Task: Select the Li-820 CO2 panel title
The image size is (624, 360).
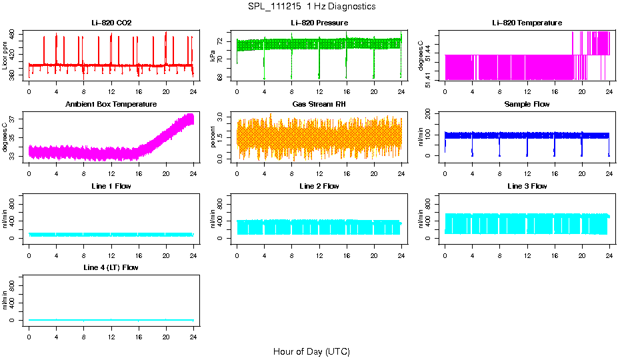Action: click(x=111, y=23)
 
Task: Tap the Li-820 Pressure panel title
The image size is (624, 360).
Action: click(x=319, y=23)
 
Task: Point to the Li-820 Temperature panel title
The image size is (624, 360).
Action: click(x=527, y=23)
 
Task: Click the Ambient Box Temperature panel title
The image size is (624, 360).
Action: click(x=111, y=105)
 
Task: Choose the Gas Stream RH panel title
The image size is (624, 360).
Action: click(x=319, y=105)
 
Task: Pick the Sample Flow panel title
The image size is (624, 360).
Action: click(x=527, y=105)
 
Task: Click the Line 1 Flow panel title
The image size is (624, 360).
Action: click(x=111, y=186)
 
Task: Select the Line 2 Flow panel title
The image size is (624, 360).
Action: click(x=319, y=186)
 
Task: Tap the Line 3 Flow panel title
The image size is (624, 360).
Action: click(x=527, y=186)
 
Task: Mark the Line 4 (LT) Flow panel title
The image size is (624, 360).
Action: click(x=111, y=267)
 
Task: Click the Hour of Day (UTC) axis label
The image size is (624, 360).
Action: click(x=311, y=351)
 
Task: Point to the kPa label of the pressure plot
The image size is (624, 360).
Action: click(x=213, y=56)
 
